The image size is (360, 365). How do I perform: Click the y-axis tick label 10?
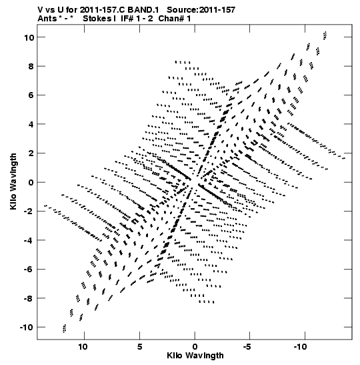click(30, 37)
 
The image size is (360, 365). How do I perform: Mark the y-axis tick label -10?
click(27, 327)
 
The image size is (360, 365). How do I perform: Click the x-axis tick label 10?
click(83, 346)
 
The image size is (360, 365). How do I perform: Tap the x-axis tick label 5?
click(139, 346)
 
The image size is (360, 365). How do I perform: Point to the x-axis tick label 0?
click(195, 346)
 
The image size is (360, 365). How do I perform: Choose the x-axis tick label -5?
click(249, 346)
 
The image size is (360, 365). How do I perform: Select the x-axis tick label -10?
click(301, 346)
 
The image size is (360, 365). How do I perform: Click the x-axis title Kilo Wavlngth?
click(195, 356)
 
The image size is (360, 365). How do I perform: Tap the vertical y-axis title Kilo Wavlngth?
click(13, 181)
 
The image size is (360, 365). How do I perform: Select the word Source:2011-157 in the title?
click(201, 10)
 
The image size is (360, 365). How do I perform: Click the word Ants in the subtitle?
click(47, 19)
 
